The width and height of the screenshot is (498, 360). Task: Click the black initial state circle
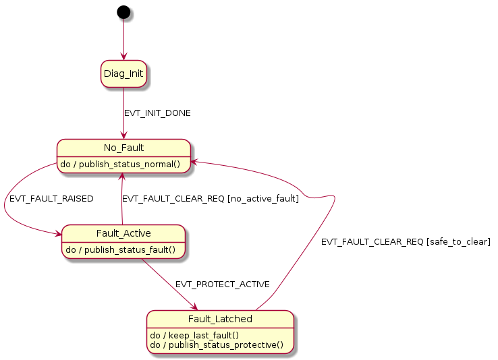pos(123,11)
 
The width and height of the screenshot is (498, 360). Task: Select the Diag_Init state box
pos(123,73)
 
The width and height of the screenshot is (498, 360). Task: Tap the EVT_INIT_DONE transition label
pos(157,113)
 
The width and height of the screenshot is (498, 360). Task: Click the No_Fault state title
pos(123,148)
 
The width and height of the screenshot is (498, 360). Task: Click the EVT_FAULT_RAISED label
pos(51,199)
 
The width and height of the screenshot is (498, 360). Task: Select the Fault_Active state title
pos(123,233)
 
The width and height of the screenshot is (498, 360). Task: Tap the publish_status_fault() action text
pos(123,249)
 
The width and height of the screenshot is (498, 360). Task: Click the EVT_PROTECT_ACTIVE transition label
pos(223,284)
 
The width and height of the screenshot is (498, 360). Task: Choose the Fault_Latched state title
pos(221,319)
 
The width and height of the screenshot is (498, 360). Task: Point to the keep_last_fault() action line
pos(194,334)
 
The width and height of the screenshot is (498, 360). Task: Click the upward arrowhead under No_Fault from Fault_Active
pos(122,177)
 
